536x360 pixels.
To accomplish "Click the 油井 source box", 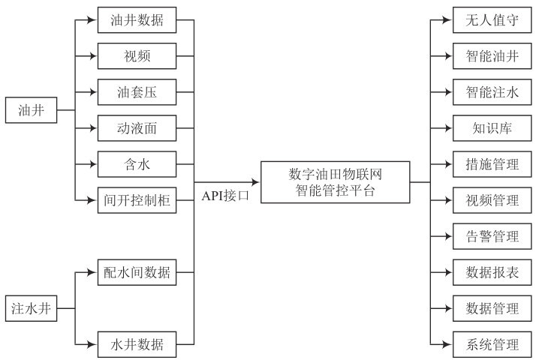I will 31,111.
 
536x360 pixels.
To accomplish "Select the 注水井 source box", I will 31,307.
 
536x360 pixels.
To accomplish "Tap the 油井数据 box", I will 137,20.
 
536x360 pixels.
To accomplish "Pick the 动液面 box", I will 137,128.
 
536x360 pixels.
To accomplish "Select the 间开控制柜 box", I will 137,200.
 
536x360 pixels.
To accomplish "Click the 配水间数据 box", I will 137,271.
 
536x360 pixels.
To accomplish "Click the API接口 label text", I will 225,195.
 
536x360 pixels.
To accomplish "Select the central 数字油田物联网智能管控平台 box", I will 336,181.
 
